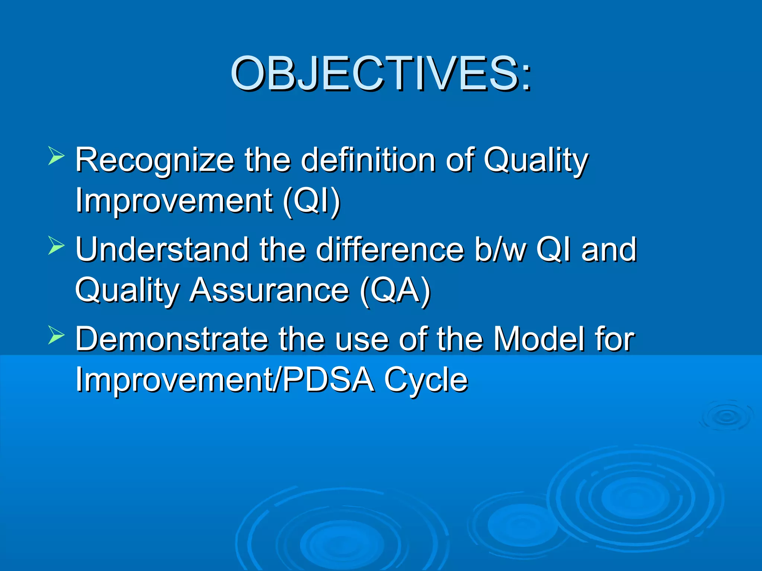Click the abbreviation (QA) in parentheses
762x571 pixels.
[395, 291]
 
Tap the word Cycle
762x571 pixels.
[426, 380]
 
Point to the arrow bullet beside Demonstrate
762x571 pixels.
[57, 335]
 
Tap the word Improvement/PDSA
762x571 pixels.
[225, 380]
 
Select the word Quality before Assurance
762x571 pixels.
[127, 291]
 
